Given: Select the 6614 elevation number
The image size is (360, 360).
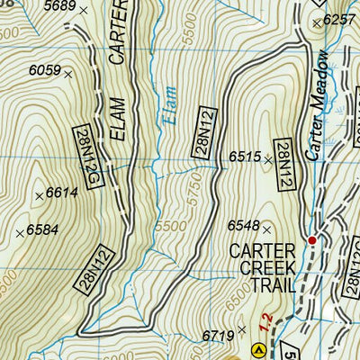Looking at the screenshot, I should (x=61, y=193).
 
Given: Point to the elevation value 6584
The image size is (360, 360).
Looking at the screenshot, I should (x=41, y=229).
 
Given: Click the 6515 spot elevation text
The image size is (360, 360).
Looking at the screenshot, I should (x=244, y=157).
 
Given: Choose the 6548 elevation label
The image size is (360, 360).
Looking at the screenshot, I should (x=244, y=225).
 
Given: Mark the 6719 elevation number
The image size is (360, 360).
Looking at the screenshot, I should (x=219, y=335).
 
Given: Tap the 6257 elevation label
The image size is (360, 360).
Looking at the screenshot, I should (x=338, y=19).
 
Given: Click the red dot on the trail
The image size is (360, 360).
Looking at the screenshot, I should (x=312, y=240).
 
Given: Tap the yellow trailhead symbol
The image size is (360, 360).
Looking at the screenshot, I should (x=259, y=349).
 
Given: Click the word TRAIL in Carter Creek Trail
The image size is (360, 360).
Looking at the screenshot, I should (x=262, y=284).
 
